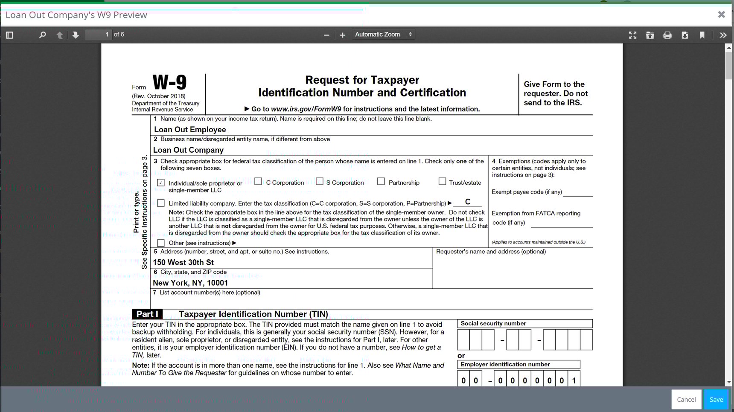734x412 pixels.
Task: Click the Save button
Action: [716, 400]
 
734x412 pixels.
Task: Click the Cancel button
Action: [686, 400]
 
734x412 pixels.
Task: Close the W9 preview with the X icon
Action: [721, 15]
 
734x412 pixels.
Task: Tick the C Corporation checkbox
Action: [258, 182]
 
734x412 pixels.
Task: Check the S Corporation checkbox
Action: [320, 182]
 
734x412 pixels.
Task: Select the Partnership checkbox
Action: [381, 182]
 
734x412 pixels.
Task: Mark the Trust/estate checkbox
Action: [442, 182]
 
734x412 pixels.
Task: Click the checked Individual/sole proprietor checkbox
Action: [161, 183]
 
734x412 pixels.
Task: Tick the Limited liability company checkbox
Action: [161, 203]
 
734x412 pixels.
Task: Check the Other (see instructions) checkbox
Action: [161, 243]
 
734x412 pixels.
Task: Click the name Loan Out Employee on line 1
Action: [190, 130]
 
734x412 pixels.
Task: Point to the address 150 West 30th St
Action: [183, 262]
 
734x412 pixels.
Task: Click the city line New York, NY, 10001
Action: [190, 283]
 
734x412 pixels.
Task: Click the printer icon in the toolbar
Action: [667, 35]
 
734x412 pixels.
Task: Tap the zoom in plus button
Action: [342, 35]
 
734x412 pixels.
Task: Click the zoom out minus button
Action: [326, 35]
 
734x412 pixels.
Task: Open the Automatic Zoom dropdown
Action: [383, 35]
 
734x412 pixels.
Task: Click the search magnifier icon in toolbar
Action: [42, 35]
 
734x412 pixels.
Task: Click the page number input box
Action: [99, 35]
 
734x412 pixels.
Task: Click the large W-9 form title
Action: [169, 82]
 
